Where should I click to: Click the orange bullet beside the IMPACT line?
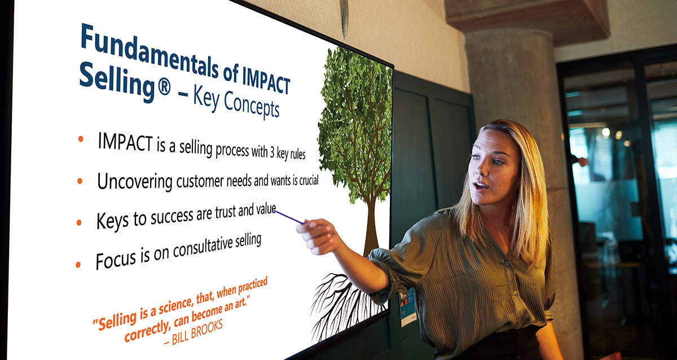point(80,139)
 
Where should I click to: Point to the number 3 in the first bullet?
point(272,153)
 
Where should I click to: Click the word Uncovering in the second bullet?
point(134,181)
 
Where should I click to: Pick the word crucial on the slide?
point(309,181)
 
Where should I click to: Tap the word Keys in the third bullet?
point(112,221)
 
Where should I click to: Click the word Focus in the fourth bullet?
point(116,260)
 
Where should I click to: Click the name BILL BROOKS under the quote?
point(197,332)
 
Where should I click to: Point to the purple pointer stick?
point(288,217)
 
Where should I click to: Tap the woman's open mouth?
point(480,185)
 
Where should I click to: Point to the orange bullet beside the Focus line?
point(78,265)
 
